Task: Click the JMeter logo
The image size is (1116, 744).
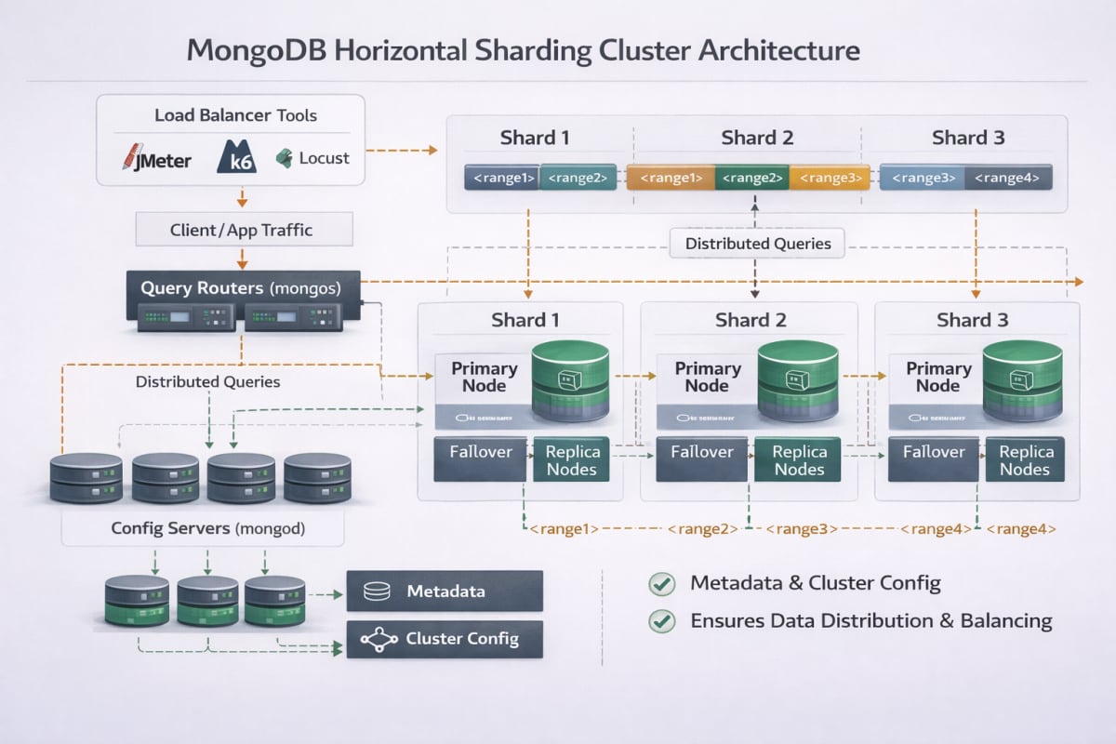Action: pos(156,159)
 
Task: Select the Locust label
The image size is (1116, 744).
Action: pos(313,158)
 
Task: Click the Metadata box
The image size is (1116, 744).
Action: pos(444,591)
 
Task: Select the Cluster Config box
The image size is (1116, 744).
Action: pos(444,639)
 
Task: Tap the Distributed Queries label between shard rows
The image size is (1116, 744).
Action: pos(758,245)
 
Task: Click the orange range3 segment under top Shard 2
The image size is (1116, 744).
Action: pos(830,178)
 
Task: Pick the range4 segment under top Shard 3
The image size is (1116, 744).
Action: pos(1008,178)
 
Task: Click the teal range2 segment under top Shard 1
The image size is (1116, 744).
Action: pos(578,178)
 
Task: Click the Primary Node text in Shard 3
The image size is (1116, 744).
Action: pos(937,377)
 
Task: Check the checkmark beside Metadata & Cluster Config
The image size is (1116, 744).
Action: pos(661,584)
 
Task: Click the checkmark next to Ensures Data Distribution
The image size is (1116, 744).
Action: pos(661,621)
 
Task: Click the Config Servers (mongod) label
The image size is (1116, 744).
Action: pos(202,528)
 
